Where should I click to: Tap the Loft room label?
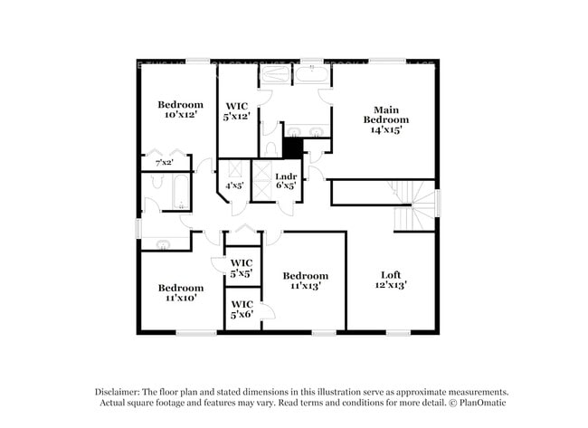pyautogui.click(x=390, y=274)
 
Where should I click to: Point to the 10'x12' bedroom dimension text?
pyautogui.click(x=180, y=116)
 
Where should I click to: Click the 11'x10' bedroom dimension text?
pyautogui.click(x=180, y=297)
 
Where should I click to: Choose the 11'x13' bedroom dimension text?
pyautogui.click(x=305, y=286)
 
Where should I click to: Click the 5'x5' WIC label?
pyautogui.click(x=242, y=272)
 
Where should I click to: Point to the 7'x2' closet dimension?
pyautogui.click(x=164, y=163)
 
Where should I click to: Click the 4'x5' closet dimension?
pyautogui.click(x=234, y=185)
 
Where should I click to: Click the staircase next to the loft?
pyautogui.click(x=413, y=205)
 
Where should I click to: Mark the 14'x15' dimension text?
pyautogui.click(x=386, y=129)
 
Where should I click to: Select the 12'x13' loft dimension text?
pyautogui.click(x=390, y=285)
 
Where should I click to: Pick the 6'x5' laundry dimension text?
pyautogui.click(x=286, y=185)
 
